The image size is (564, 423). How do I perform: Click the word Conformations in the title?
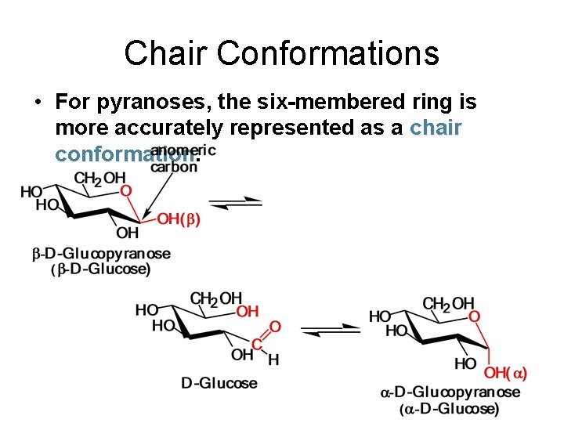coord(328,53)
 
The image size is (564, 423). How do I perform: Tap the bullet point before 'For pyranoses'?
coord(37,103)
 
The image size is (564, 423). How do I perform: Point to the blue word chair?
coord(436,128)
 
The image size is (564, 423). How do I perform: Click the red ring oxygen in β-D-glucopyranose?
coord(125,190)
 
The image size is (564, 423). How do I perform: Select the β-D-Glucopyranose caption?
coord(101,254)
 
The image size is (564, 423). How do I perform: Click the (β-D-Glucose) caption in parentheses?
coord(101,269)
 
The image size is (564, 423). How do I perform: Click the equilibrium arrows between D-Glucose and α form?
coord(331,329)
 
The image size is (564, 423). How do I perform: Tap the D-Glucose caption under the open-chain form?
coord(219,383)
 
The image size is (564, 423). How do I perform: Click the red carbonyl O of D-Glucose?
coord(274,326)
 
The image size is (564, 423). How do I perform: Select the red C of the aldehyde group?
coord(256,345)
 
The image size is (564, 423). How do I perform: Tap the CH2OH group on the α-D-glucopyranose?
coord(448,303)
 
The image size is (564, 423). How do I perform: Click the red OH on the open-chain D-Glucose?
coord(248,312)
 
